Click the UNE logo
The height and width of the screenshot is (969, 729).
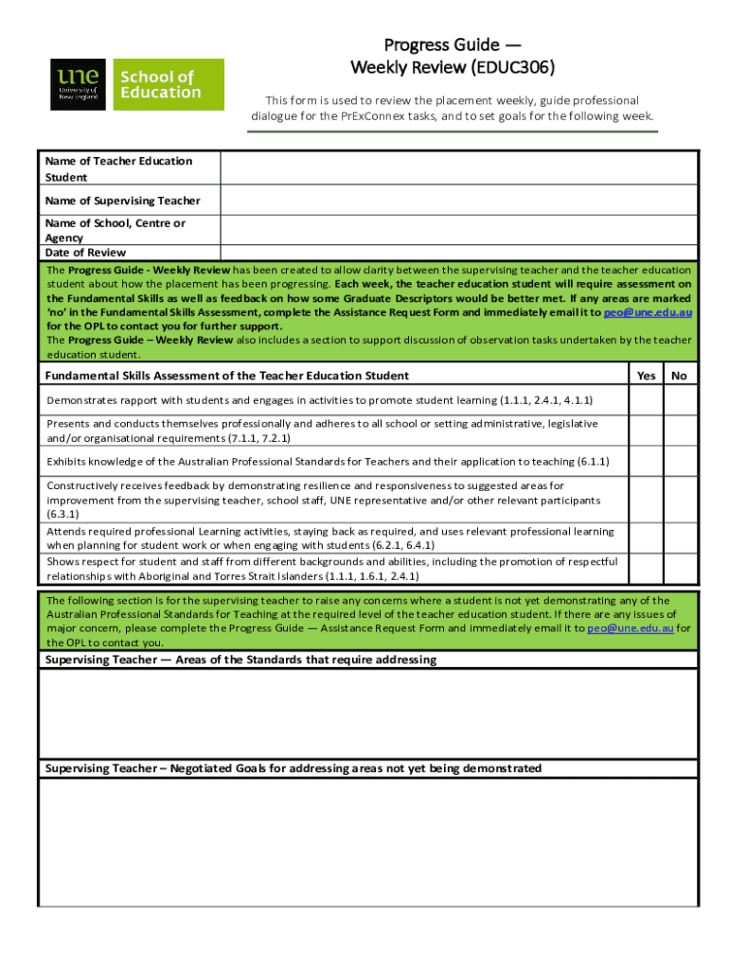[x=80, y=84]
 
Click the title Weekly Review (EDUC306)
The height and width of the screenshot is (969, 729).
[x=452, y=67]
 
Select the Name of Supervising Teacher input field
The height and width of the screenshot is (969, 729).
[x=459, y=201]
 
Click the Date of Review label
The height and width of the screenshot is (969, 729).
[x=85, y=253]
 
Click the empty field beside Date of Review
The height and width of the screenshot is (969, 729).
[x=459, y=253]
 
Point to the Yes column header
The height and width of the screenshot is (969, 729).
[x=647, y=376]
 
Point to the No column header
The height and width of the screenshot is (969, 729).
[x=679, y=376]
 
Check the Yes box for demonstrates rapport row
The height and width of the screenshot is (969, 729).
[x=647, y=400]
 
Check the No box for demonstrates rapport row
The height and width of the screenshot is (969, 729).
[x=679, y=400]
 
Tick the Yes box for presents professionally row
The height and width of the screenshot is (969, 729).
[x=647, y=431]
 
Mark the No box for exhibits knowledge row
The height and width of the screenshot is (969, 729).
[x=679, y=462]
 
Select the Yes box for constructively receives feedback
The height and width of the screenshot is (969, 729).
[x=647, y=499]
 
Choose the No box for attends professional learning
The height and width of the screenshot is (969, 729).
[x=679, y=537]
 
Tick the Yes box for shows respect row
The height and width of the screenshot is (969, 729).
[x=647, y=568]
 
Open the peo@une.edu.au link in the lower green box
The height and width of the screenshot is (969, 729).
[x=631, y=627]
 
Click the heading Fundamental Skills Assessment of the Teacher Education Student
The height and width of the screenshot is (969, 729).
[x=227, y=376]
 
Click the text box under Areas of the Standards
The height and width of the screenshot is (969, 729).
[x=367, y=714]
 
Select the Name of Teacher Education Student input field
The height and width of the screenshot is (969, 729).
[x=459, y=168]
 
